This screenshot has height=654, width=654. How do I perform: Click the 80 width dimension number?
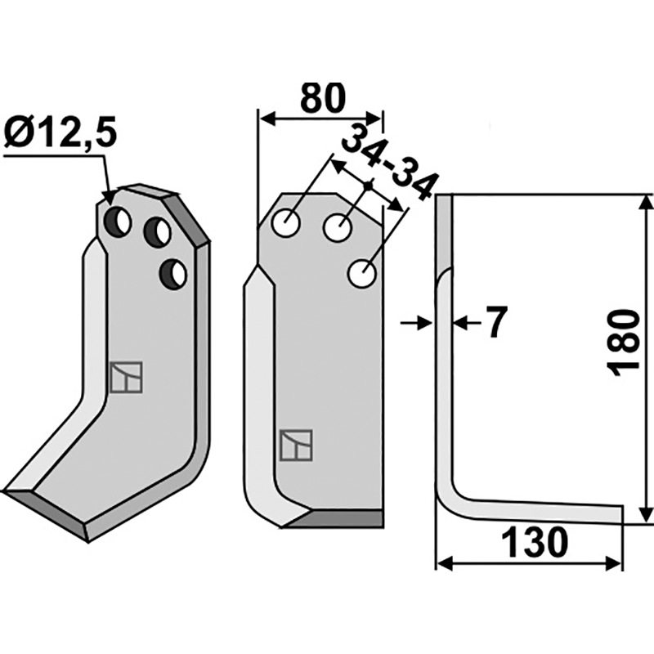[321, 99]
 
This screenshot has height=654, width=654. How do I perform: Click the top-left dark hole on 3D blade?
[119, 221]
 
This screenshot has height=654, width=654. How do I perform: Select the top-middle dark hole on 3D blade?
[157, 233]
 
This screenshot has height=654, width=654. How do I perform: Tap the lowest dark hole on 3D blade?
[173, 274]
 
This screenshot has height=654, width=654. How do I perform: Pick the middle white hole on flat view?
[337, 228]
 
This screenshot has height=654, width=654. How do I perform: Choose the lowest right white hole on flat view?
[362, 274]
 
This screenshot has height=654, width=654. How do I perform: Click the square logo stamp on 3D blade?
[126, 377]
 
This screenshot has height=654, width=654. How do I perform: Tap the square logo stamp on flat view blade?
[293, 444]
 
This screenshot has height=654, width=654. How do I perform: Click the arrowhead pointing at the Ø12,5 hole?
[110, 196]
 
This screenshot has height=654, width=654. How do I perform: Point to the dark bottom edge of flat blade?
[337, 517]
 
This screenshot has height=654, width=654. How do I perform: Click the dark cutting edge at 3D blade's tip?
[45, 510]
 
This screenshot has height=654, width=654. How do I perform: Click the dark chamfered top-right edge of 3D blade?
[193, 217]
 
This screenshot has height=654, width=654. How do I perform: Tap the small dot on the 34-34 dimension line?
[369, 187]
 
